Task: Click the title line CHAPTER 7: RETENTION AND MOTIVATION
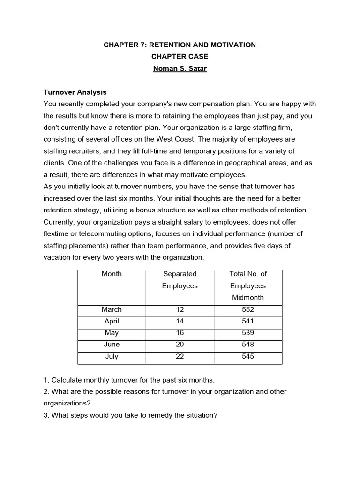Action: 180,45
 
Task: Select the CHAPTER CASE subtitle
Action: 180,57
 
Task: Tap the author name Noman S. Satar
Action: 180,68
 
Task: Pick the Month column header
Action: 112,274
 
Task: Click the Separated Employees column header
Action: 180,280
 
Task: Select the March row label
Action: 112,309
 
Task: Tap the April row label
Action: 112,321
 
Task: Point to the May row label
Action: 112,333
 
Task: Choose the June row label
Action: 112,345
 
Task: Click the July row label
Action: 112,356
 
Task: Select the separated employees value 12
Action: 180,309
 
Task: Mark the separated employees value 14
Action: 180,321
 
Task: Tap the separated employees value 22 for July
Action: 180,356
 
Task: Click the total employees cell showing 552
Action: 247,309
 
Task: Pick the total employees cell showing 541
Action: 247,321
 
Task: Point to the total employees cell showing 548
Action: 247,345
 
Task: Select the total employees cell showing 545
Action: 247,356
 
